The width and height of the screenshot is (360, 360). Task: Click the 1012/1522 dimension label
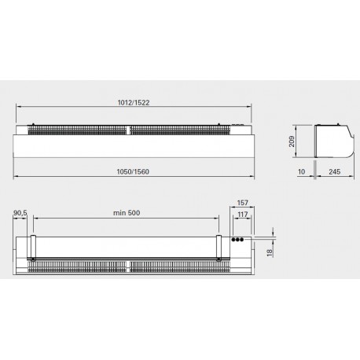coord(134,102)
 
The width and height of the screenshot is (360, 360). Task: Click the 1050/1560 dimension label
coord(133,171)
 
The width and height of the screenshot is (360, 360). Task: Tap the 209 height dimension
coord(292,141)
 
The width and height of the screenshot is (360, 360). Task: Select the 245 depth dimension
coord(335,171)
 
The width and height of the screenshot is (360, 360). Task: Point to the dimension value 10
coord(302,171)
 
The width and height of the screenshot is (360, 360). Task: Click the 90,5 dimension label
coord(20,213)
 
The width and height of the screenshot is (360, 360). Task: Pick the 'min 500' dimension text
coord(127,213)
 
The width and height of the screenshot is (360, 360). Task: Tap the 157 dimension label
coord(242,203)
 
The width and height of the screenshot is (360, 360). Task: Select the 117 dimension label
coord(243,215)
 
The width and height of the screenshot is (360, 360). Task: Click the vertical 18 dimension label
coord(270,252)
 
